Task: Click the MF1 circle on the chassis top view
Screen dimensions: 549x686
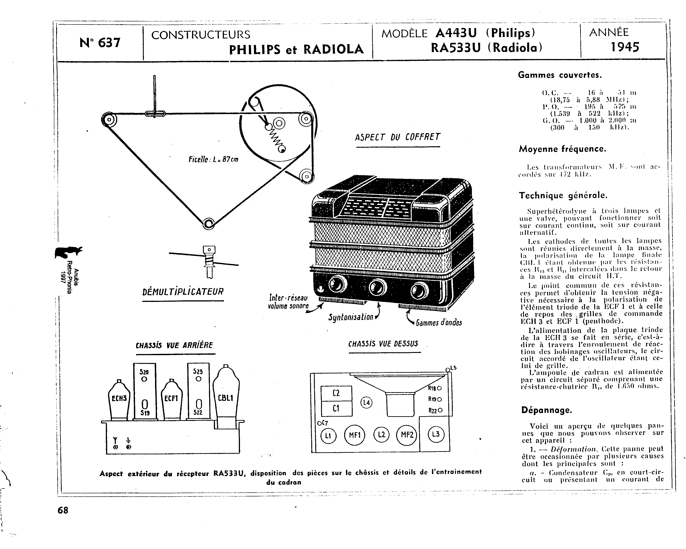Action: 354,435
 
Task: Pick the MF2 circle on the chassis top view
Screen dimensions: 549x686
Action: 407,435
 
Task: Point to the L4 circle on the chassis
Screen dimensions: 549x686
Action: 367,403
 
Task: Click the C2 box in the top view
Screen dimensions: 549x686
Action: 336,393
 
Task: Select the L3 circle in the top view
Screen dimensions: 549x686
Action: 436,434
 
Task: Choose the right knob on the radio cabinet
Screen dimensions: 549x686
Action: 419,290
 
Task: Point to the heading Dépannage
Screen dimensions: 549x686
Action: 546,410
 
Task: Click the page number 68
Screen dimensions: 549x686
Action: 63,510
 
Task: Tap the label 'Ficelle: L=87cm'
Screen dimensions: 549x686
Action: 213,159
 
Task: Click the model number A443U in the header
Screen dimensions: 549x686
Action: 456,33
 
